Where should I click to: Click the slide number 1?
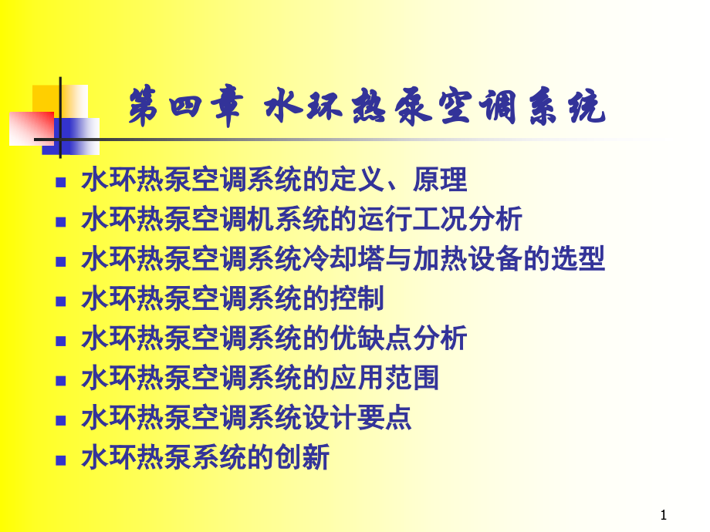(664, 514)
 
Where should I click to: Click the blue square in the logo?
(77, 135)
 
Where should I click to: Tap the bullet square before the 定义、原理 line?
(61, 183)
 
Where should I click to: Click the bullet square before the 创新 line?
(61, 460)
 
